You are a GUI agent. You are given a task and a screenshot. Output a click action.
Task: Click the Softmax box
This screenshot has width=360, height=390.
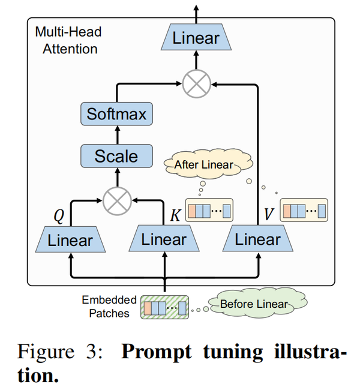point(116,114)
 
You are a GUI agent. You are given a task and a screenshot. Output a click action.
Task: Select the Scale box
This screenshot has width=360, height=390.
point(116,157)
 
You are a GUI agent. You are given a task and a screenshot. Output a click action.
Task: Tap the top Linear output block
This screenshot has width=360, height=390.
point(196,39)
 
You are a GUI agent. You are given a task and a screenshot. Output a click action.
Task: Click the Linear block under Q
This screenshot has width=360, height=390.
point(70,241)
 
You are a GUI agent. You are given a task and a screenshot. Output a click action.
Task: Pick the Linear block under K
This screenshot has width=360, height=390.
point(164,240)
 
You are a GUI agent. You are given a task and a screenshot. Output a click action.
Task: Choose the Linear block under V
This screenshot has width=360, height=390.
point(257,240)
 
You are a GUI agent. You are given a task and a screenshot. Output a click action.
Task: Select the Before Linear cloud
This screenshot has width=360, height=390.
point(254,304)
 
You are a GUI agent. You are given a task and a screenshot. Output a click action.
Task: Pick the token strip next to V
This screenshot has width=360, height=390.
point(304,211)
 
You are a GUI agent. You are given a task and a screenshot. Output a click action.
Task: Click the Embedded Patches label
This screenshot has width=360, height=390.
point(109,306)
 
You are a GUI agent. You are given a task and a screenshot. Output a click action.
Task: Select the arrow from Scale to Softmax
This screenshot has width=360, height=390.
point(116,135)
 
